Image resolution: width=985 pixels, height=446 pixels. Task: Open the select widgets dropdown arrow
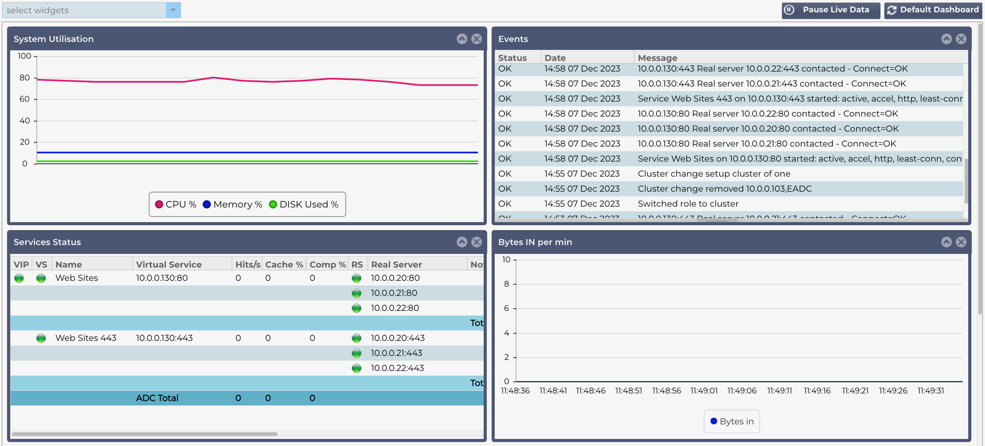coord(173,10)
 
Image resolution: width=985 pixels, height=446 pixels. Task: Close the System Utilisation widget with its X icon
coord(476,39)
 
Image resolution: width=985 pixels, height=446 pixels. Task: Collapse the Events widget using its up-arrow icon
coord(946,39)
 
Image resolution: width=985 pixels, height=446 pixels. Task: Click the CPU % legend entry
coord(176,204)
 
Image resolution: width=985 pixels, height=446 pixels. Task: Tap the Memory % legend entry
coord(233,204)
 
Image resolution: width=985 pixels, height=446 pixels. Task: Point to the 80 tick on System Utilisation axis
coord(25,78)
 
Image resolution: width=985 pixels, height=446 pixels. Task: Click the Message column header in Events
coord(657,58)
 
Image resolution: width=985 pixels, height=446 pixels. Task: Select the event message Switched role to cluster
coord(688,204)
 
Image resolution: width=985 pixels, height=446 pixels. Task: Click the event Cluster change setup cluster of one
coord(714,174)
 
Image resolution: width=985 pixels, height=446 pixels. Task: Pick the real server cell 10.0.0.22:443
coord(397,368)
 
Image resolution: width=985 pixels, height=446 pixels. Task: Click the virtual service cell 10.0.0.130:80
coord(162,278)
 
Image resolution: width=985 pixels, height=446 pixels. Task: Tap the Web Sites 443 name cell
coord(86,338)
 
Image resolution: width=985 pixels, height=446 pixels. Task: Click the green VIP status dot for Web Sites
coord(19,278)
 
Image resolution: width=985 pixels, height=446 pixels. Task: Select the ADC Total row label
coord(157,398)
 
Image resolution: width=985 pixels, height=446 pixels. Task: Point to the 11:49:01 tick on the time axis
coord(704,391)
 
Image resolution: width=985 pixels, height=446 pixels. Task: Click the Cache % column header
coord(284,265)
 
